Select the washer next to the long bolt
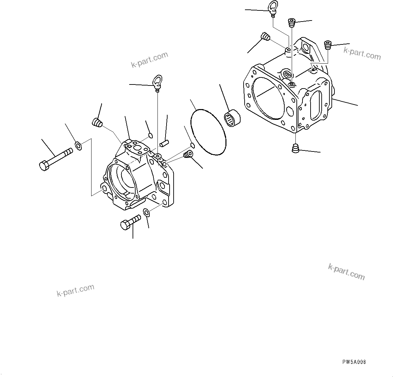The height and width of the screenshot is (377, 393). tap(78, 146)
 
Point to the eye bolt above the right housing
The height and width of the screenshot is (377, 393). tap(273, 8)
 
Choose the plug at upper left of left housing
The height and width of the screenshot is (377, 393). tap(97, 123)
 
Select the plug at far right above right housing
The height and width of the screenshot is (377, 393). tap(328, 45)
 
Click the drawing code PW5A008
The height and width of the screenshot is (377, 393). tap(354, 362)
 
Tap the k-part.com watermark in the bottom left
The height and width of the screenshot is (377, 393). tap(75, 290)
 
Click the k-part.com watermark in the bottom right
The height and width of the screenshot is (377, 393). tap(346, 272)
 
